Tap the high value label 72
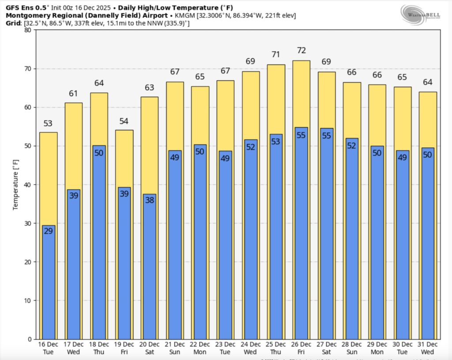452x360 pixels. [x=301, y=50]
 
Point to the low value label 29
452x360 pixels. [x=49, y=231]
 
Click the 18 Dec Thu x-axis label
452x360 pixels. [x=99, y=348]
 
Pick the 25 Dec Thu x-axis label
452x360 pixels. [x=276, y=348]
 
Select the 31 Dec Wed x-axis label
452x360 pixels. [x=428, y=348]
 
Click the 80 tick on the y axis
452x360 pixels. [x=28, y=30]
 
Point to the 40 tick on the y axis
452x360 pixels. [x=28, y=184]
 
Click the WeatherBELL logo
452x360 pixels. [x=419, y=13]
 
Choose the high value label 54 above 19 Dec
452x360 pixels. [x=124, y=121]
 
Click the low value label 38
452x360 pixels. [x=150, y=199]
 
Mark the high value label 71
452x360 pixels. [x=276, y=55]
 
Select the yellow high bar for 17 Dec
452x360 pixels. [x=74, y=146]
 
